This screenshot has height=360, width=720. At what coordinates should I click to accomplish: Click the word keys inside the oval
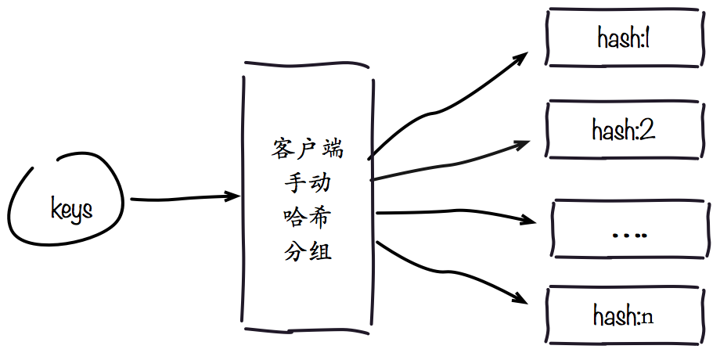pos(71,210)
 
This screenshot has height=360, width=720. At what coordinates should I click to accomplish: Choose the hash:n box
pos(624,316)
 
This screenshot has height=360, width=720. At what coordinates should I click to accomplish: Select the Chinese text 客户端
pos(308,148)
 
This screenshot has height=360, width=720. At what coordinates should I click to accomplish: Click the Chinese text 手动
pos(308,183)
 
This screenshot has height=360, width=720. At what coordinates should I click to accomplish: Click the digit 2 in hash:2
pos(646,128)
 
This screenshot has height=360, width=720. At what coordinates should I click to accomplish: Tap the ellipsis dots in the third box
pos(628,232)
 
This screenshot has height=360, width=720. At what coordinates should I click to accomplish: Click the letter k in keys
pos(56,208)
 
